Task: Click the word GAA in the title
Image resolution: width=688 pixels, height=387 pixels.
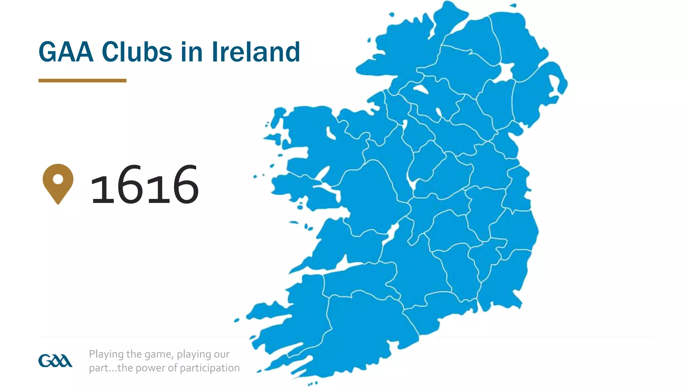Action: coord(66,52)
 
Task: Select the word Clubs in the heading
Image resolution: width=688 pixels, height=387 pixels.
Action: coord(137,52)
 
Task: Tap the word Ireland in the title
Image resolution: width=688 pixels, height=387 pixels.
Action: coord(256,52)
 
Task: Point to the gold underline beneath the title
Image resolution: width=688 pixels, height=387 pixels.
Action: coord(82,81)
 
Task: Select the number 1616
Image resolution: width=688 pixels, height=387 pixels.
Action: coord(144,185)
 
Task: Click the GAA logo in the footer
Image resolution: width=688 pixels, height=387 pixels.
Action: coord(55,361)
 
